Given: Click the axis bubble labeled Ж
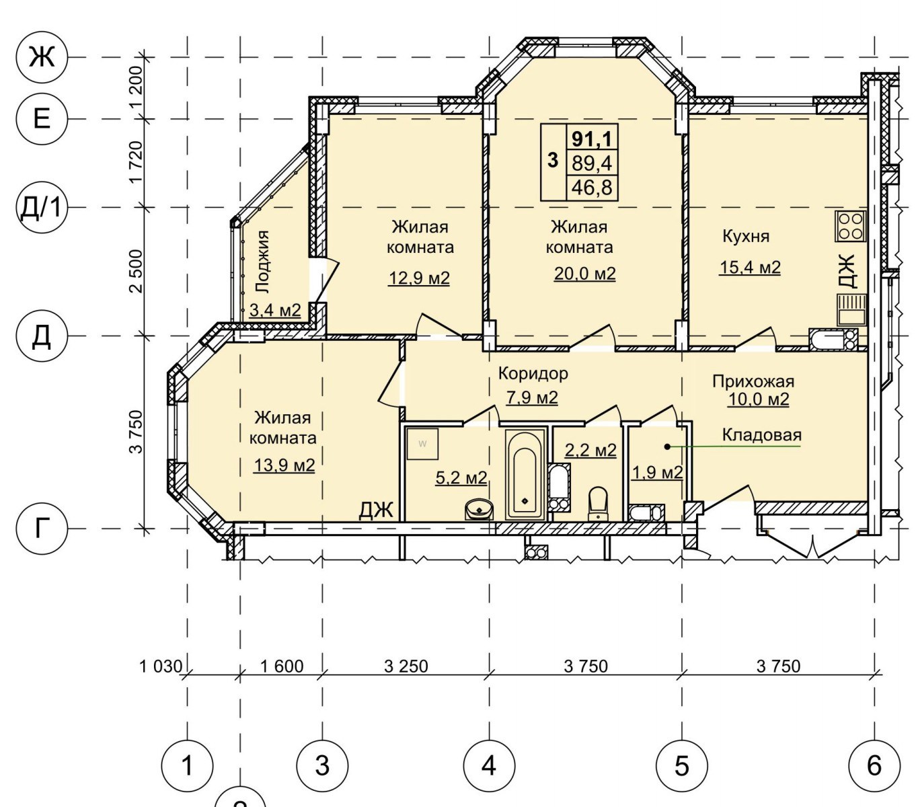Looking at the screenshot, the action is pos(42,57).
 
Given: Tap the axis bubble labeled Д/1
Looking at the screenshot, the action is pos(42,208).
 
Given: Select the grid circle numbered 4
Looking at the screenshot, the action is pos(489,766).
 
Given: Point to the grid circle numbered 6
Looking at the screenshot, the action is pos(874,766).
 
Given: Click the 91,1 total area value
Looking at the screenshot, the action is pos(592,138).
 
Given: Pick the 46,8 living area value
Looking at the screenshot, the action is pos(592,187).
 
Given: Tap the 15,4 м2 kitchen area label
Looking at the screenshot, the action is pos(750,268).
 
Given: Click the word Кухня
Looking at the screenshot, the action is pos(745,237).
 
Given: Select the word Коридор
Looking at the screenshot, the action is pos(533,374).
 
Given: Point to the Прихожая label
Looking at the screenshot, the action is pos(753,381).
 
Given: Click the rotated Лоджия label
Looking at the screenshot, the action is pos(262,262).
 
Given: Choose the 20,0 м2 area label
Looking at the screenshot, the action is pos(584,273).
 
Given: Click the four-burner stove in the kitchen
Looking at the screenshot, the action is pos(851,226).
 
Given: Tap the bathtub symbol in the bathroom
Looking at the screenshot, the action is pos(525,474).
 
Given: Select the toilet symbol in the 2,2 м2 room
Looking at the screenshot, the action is pos(598,504).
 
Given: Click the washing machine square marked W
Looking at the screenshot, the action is pos(422,444).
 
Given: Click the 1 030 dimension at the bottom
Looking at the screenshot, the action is pos(161,666).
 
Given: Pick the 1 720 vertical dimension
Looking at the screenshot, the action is pos(137,161).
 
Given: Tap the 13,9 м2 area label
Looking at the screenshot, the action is pos(284,465).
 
